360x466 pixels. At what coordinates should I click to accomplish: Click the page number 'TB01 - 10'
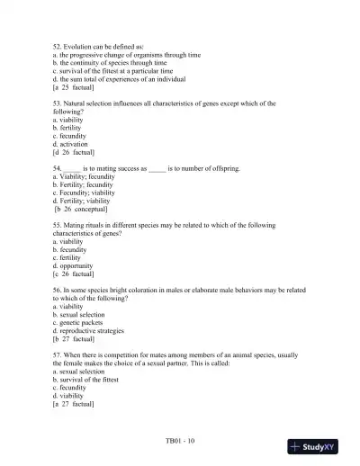179,442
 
